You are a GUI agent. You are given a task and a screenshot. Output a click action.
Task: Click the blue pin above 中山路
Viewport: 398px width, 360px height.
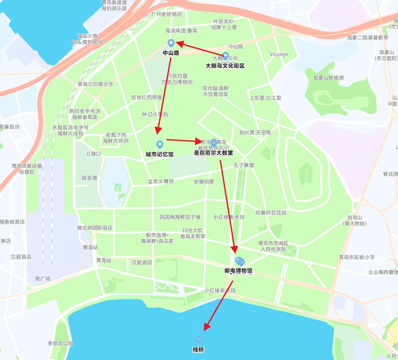pos(171,43)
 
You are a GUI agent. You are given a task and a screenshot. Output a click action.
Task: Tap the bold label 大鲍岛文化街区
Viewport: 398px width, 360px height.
pos(225,66)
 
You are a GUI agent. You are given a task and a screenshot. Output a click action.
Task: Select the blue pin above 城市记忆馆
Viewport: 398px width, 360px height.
pos(160,144)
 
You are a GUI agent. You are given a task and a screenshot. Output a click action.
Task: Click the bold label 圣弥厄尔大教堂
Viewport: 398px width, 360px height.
pos(213,153)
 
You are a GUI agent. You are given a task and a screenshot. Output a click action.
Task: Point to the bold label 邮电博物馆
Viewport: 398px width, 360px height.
pos(238,271)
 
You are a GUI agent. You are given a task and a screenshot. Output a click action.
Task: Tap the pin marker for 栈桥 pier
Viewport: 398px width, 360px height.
pos(198,340)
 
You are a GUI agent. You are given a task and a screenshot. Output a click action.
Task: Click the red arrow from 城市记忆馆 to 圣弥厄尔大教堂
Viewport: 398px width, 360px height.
pos(184,141)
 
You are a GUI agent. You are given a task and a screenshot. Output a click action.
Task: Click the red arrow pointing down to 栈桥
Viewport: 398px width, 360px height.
pos(219,305)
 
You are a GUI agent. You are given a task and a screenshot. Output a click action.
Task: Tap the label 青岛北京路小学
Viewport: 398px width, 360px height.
pos(95,84)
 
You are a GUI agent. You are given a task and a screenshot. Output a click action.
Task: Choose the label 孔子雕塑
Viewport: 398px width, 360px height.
pos(244,165)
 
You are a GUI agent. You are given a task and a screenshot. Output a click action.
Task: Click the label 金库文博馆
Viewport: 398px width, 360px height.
pos(161,181)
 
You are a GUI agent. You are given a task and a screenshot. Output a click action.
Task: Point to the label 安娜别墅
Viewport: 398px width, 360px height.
pos(204,182)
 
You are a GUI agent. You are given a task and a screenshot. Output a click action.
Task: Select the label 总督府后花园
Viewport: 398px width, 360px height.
pos(271,212)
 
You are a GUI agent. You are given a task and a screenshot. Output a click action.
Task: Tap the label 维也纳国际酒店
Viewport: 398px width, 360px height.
pos(95,228)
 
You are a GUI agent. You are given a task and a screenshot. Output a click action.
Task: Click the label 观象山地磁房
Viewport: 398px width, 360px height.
pos(329,78)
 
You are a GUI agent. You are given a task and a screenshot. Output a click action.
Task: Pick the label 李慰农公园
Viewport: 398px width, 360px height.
pos(61,344)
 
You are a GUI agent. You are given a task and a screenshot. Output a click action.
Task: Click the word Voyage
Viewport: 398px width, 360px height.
pos(278,54)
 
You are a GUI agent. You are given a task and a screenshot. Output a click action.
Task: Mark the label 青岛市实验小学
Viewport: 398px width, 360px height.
pos(357,257)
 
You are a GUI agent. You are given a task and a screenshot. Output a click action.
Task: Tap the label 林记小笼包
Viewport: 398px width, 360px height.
pos(155,114)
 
